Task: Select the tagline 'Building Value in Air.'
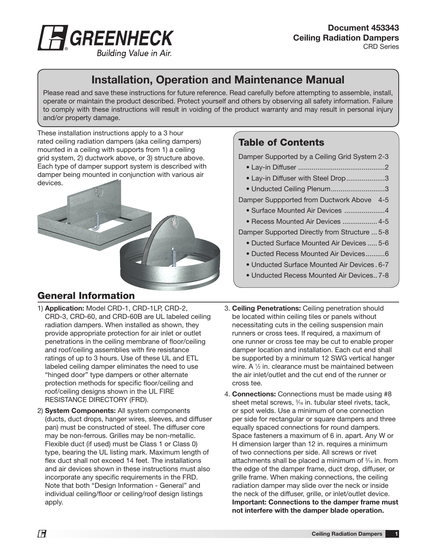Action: click(134, 53)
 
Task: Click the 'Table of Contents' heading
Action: click(281, 142)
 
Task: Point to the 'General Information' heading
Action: click(86, 296)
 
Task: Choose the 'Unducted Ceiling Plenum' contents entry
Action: click(290, 189)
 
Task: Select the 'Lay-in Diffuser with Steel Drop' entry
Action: click(298, 178)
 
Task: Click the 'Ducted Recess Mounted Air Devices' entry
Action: click(308, 254)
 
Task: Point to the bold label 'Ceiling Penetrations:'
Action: click(266, 309)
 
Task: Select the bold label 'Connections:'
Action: click(254, 394)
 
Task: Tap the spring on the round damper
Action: click(174, 256)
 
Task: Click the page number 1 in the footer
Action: click(396, 534)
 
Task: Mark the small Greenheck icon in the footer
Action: click(42, 534)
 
